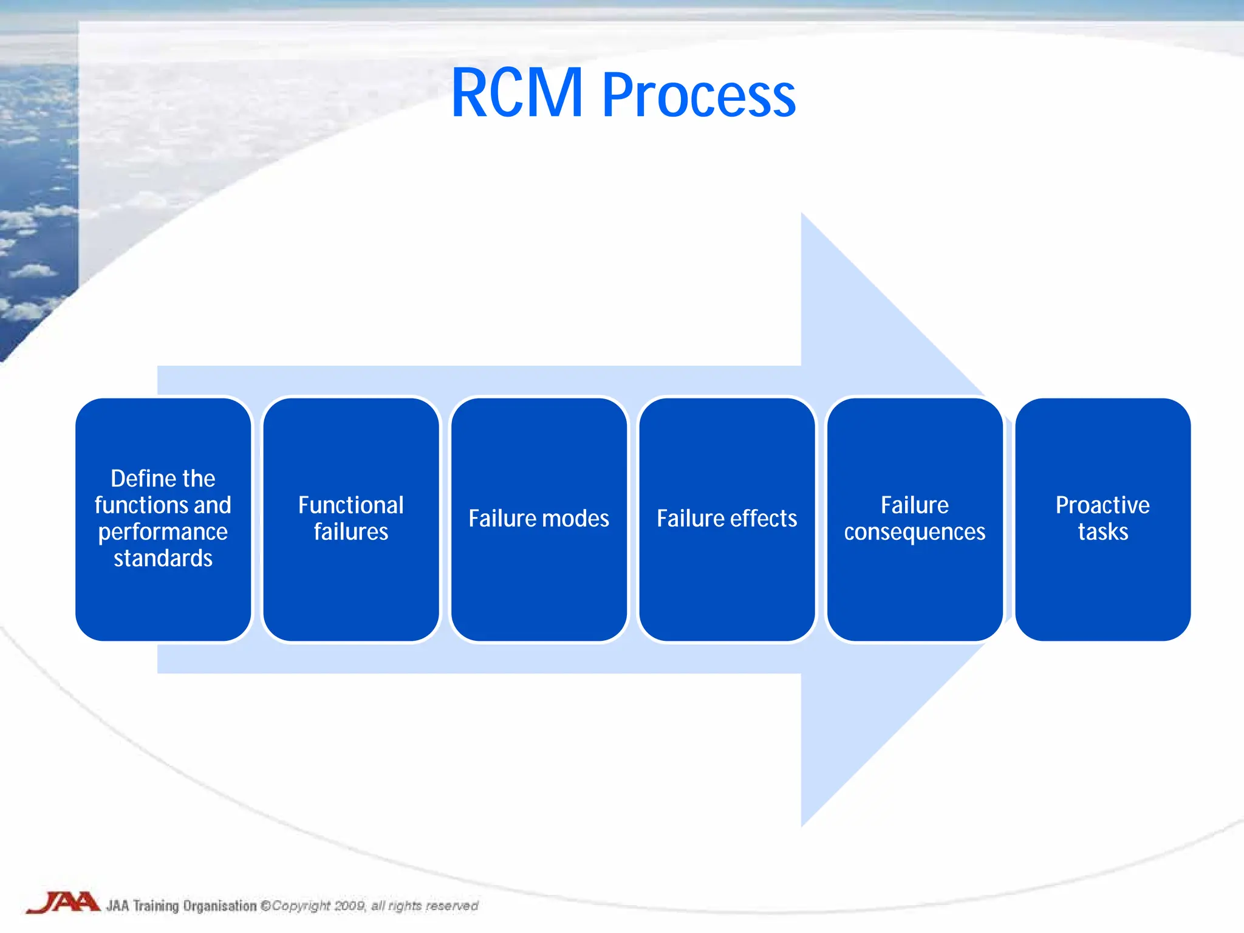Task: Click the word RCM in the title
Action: pyautogui.click(x=517, y=94)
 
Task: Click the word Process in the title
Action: pyautogui.click(x=699, y=96)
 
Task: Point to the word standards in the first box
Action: pyautogui.click(x=163, y=558)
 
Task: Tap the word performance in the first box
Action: pyautogui.click(x=163, y=532)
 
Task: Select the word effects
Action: pyautogui.click(x=763, y=519)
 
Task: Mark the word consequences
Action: pyautogui.click(x=915, y=532)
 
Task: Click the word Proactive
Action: pyautogui.click(x=1102, y=505)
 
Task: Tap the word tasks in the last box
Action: pyautogui.click(x=1102, y=532)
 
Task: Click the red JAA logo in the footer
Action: pyautogui.click(x=63, y=902)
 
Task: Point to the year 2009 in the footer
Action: pyautogui.click(x=349, y=906)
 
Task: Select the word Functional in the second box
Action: pyautogui.click(x=351, y=505)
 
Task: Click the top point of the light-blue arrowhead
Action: pyautogui.click(x=802, y=214)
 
